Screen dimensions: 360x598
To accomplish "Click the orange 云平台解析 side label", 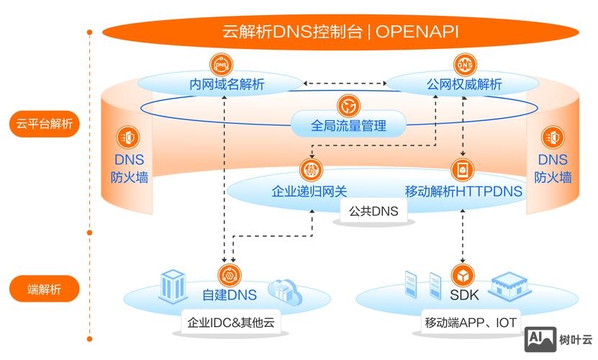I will pyautogui.click(x=45, y=124).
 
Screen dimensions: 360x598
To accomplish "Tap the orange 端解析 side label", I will pyautogui.click(x=45, y=289).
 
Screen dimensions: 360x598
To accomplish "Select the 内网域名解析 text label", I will pyautogui.click(x=227, y=85).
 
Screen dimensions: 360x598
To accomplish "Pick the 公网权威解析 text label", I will pyautogui.click(x=464, y=85).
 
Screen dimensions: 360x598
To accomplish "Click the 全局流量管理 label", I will pyautogui.click(x=348, y=126).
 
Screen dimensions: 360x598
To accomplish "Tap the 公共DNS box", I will pyautogui.click(x=373, y=211).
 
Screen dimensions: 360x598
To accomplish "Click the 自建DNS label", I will pyautogui.click(x=230, y=294).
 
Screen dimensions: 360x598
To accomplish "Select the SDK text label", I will pyautogui.click(x=464, y=294).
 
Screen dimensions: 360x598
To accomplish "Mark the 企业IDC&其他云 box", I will pyautogui.click(x=230, y=322).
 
